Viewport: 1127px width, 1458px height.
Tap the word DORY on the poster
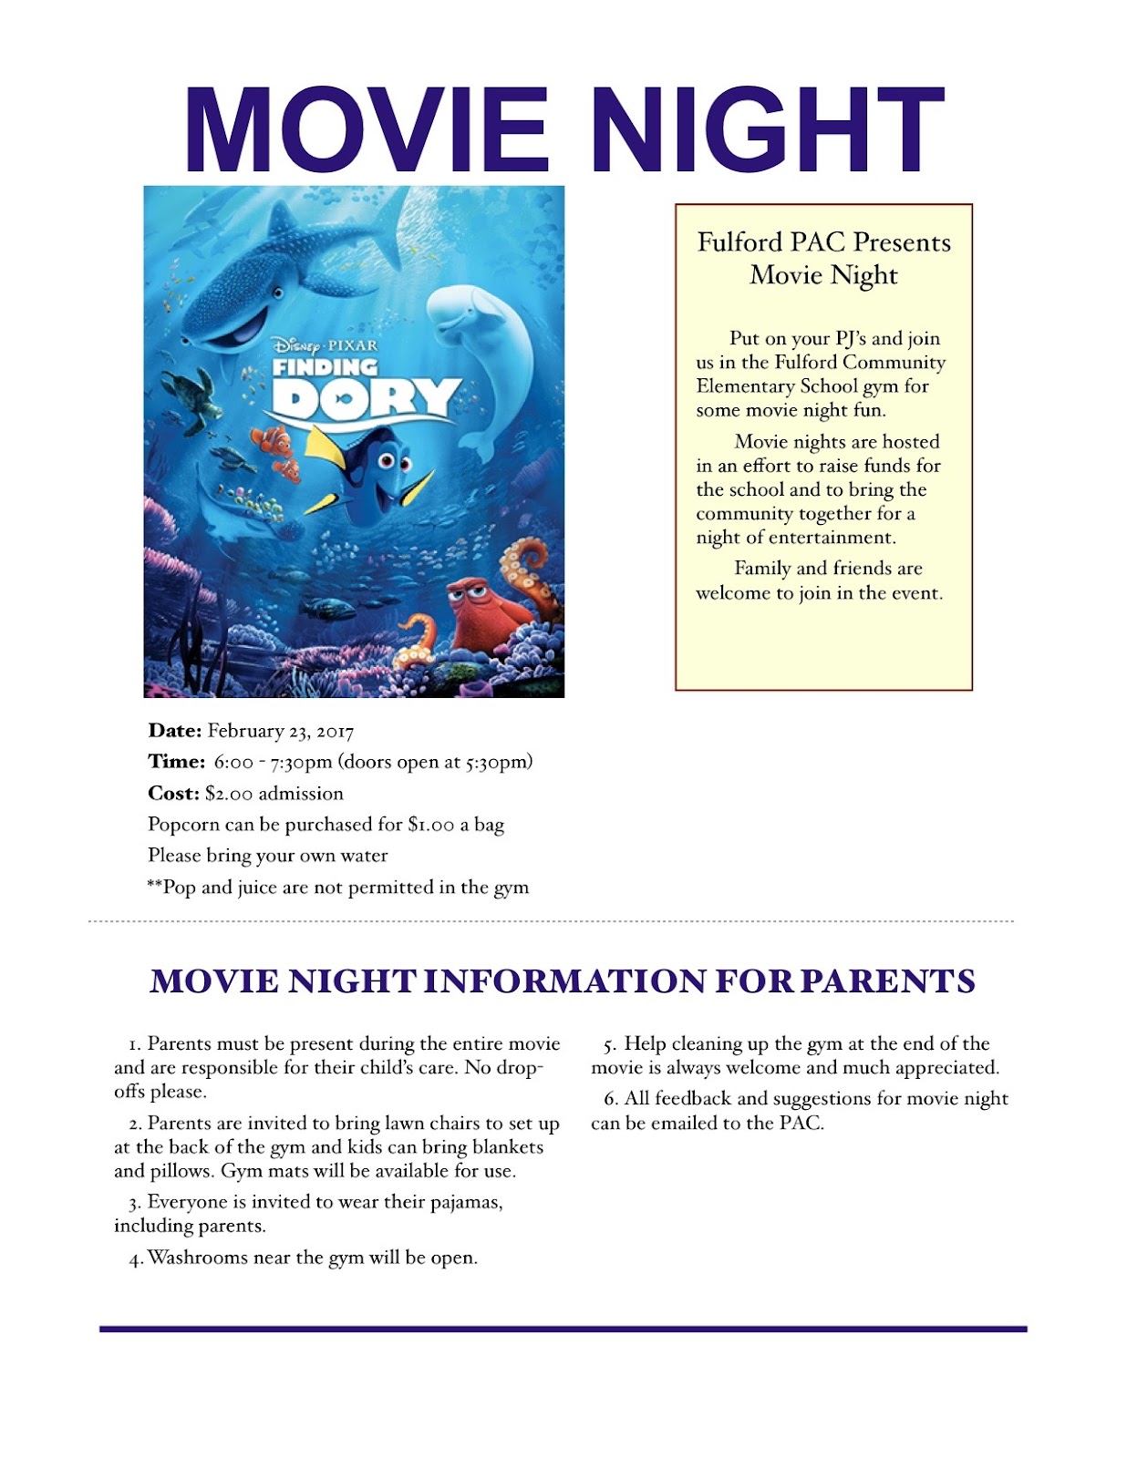tap(365, 398)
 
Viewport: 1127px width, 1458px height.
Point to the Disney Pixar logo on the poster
tap(325, 345)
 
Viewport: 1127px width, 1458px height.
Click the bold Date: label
tap(174, 731)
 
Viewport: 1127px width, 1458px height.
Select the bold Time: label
tap(176, 762)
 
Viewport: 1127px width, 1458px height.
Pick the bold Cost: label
tap(173, 794)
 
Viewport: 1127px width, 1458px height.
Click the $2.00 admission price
tap(229, 794)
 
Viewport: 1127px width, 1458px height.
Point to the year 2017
tap(335, 732)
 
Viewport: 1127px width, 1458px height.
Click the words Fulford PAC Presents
tap(823, 242)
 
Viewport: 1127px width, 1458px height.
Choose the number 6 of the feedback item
tap(610, 1100)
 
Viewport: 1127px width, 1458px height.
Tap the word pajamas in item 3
tap(468, 1203)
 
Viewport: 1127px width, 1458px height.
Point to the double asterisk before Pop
tap(154, 885)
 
